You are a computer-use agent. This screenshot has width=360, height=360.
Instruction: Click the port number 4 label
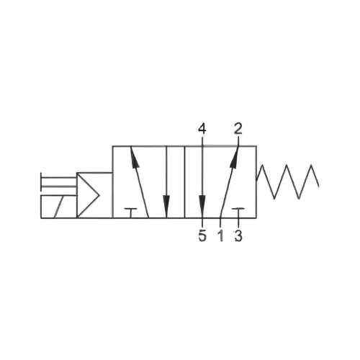pos(202,129)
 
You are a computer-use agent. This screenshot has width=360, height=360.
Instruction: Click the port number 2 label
pos(238,128)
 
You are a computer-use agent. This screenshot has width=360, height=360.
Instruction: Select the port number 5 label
pos(202,235)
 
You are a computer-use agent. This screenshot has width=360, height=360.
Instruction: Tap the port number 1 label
pos(220,235)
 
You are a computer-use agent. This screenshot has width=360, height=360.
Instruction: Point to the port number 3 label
pos(238,235)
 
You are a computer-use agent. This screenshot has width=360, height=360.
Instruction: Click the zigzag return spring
pos(288,181)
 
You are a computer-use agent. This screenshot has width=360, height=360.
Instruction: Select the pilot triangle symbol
pos(88,195)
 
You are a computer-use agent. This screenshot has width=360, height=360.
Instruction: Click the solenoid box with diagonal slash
pos(59,207)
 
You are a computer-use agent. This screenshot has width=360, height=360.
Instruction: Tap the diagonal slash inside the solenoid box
pos(59,207)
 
